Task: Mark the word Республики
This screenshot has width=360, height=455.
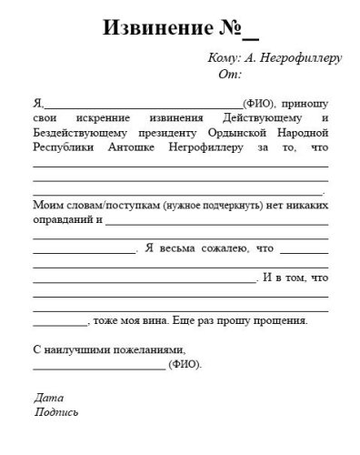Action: pyautogui.click(x=64, y=148)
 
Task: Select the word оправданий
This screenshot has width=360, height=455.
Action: pyautogui.click(x=63, y=219)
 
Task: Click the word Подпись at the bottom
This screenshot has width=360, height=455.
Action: pyautogui.click(x=55, y=411)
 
